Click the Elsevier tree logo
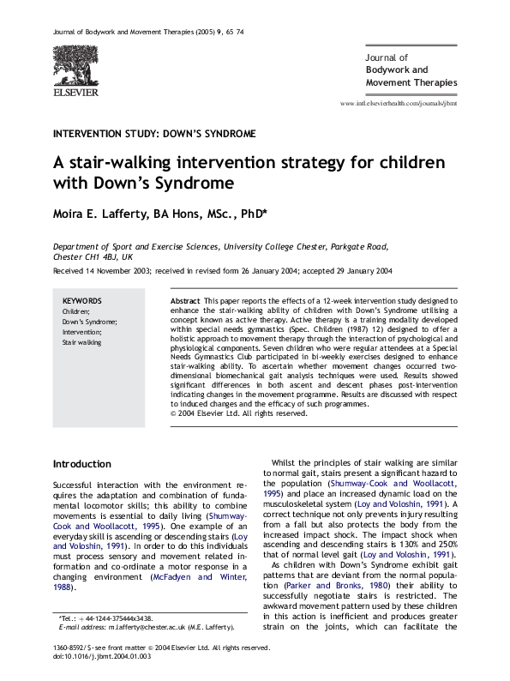click(x=75, y=64)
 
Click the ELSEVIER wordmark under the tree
click(x=75, y=91)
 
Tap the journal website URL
click(x=399, y=103)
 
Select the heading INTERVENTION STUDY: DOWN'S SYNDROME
click(x=154, y=135)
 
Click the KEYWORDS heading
click(x=82, y=301)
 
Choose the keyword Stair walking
click(x=81, y=342)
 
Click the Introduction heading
click(x=82, y=464)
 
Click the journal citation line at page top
click(x=147, y=31)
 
